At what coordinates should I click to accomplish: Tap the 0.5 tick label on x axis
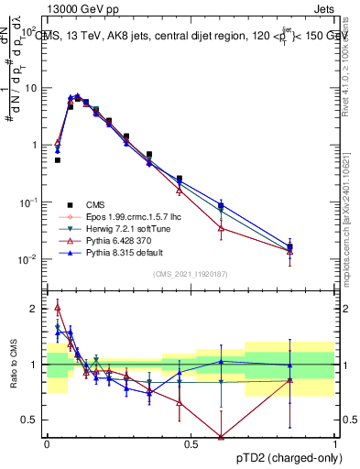click(x=191, y=443)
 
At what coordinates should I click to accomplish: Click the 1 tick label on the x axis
click(x=334, y=443)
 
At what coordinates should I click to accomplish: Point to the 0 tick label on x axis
click(x=47, y=443)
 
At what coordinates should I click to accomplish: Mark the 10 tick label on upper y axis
click(x=33, y=89)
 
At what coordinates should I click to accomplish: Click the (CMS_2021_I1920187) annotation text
click(x=191, y=273)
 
